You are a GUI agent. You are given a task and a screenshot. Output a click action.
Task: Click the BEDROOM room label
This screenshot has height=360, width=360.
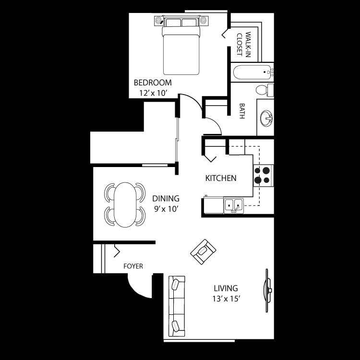click(x=152, y=83)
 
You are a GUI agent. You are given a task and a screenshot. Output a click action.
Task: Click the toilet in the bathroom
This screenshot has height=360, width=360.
click(x=264, y=89)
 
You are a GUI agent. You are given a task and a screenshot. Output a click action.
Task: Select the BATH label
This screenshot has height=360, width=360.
click(x=242, y=111)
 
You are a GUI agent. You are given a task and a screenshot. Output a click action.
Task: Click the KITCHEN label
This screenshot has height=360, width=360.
click(x=221, y=178)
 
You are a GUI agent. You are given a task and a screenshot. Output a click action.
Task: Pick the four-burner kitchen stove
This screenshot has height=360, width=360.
click(x=264, y=175)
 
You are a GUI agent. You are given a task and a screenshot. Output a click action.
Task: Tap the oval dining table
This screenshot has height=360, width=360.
click(x=125, y=204)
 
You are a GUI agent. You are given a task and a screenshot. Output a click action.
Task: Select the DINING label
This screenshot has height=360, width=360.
click(x=166, y=198)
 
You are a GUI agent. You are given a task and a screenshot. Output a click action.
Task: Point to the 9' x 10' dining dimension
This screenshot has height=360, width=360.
click(x=166, y=209)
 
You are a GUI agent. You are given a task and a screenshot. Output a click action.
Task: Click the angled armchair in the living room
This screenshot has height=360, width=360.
click(x=203, y=252)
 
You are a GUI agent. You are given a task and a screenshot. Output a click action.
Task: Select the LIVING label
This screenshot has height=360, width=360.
click(x=226, y=288)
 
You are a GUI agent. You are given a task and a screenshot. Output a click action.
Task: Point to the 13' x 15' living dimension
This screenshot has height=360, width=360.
click(x=226, y=299)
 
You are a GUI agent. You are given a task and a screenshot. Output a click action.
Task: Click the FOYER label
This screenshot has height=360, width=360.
click(x=133, y=266)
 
